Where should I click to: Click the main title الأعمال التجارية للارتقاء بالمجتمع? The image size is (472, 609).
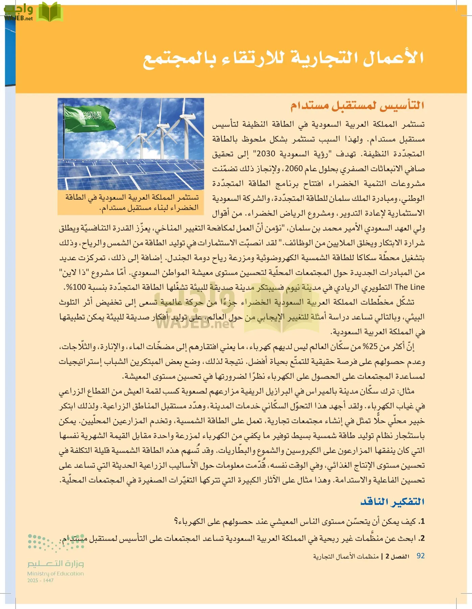pos(283,58)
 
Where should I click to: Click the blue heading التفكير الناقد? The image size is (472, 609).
pos(392,501)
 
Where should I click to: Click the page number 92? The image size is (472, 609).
pos(420,556)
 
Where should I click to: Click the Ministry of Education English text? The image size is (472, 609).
pos(55,573)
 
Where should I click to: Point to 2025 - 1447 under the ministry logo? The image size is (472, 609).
pos(41,580)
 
